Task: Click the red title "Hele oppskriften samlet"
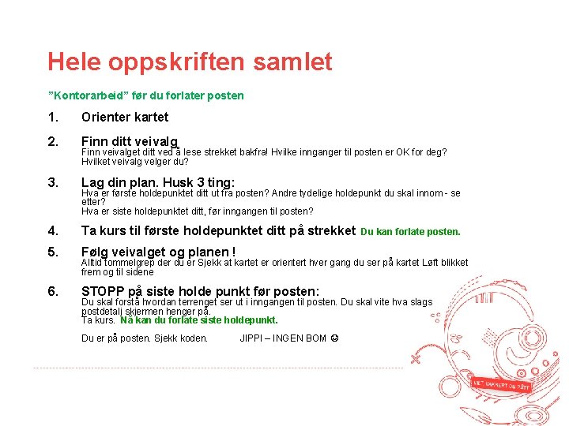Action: [190, 62]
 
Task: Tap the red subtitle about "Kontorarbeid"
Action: [146, 95]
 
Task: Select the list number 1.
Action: [52, 117]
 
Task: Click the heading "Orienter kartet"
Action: [125, 117]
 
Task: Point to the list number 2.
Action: [52, 142]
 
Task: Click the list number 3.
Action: [52, 182]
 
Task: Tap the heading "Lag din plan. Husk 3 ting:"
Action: [158, 182]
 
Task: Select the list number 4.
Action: [52, 231]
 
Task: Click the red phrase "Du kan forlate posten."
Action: [410, 232]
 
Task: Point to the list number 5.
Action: [52, 252]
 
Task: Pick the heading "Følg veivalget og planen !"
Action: [159, 252]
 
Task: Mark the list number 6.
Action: [52, 291]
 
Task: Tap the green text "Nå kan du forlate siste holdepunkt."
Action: [199, 320]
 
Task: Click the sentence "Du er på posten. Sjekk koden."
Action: [145, 338]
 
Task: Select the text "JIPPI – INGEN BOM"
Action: [282, 338]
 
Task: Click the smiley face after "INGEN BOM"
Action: [334, 338]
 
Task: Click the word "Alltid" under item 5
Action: [93, 263]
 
